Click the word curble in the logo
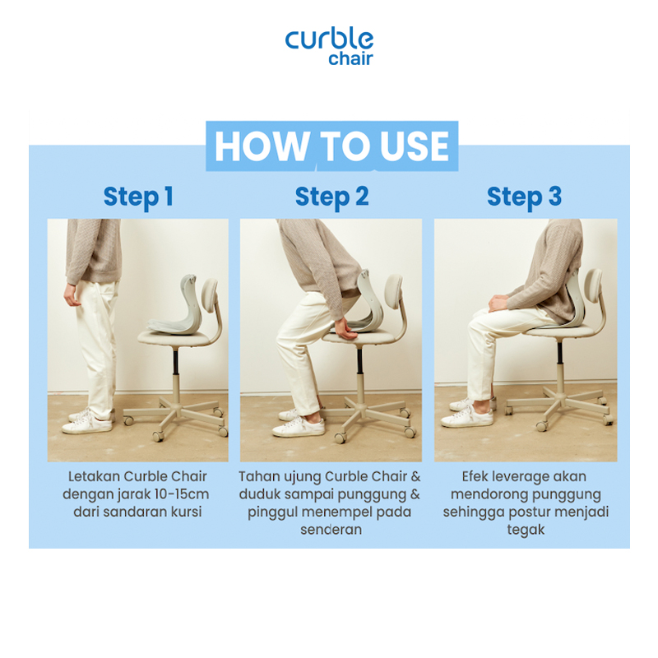pyautogui.click(x=329, y=39)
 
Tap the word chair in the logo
pyautogui.click(x=350, y=58)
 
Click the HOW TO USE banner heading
pyautogui.click(x=331, y=146)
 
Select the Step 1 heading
pyautogui.click(x=138, y=197)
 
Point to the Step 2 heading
pyautogui.click(x=331, y=197)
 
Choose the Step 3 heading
pyautogui.click(x=524, y=197)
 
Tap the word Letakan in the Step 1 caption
pyautogui.click(x=94, y=476)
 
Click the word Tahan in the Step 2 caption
pyautogui.click(x=259, y=476)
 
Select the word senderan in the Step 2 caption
pyautogui.click(x=331, y=530)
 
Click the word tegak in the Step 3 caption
pyautogui.click(x=526, y=530)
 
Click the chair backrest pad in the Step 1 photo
pyautogui.click(x=210, y=296)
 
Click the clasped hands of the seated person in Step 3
pyautogui.click(x=499, y=303)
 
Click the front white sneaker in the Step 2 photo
pyautogui.click(x=299, y=426)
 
